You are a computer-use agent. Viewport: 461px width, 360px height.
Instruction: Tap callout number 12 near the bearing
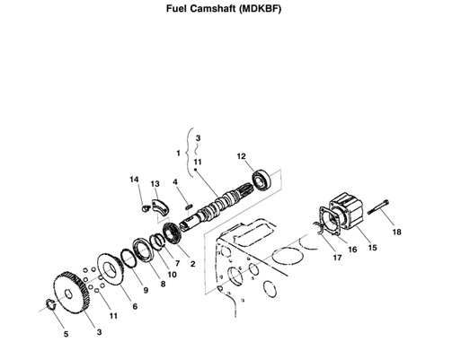(241, 156)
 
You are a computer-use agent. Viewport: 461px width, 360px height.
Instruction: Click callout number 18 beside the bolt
(396, 233)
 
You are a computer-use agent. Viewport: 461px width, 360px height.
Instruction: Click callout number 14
(135, 180)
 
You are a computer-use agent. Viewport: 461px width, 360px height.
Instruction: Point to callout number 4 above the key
(176, 182)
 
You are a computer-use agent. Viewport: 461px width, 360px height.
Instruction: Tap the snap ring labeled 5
(50, 307)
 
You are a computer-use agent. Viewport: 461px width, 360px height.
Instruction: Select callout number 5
(65, 334)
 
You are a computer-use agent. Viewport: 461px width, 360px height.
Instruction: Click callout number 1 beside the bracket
(178, 154)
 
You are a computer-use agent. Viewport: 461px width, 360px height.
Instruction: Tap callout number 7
(177, 263)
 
